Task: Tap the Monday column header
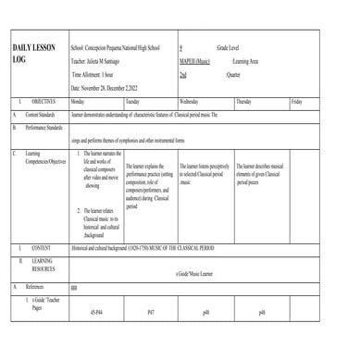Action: click(78, 100)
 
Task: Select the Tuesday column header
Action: click(133, 100)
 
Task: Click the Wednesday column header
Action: click(190, 100)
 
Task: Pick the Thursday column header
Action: click(244, 100)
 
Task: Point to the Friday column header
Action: click(296, 100)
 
